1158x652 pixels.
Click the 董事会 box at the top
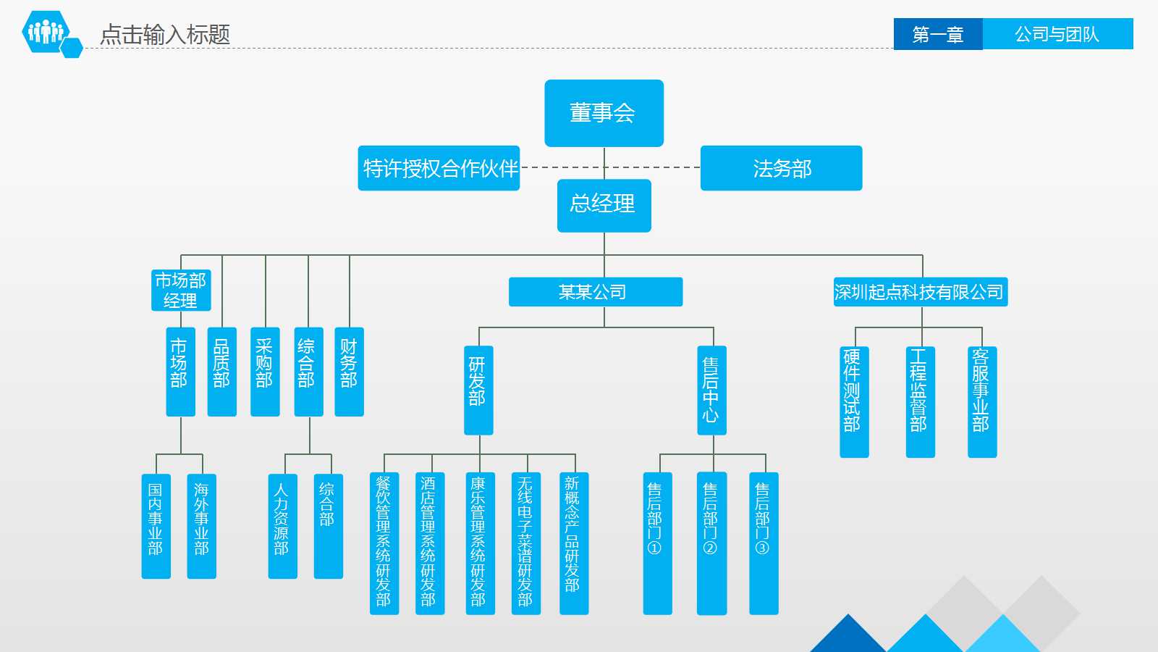(x=604, y=113)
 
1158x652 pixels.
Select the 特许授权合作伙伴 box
(x=439, y=168)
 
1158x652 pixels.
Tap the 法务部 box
(x=781, y=168)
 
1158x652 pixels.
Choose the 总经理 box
(x=604, y=206)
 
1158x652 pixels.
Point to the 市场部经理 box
(x=181, y=290)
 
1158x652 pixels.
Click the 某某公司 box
(x=595, y=292)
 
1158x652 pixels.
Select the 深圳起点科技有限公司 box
(x=920, y=292)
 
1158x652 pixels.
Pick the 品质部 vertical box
(x=221, y=372)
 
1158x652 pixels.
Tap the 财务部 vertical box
(x=349, y=372)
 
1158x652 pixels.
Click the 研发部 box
(x=478, y=390)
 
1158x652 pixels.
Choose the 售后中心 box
(x=711, y=390)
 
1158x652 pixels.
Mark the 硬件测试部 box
(x=853, y=401)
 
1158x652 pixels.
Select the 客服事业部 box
(x=981, y=401)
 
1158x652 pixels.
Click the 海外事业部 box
(x=201, y=526)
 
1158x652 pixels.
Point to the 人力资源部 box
(x=282, y=526)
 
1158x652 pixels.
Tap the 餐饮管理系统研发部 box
(x=384, y=543)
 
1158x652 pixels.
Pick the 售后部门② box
(x=711, y=543)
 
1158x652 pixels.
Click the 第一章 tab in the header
(x=938, y=34)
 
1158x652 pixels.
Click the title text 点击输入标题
(x=165, y=34)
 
